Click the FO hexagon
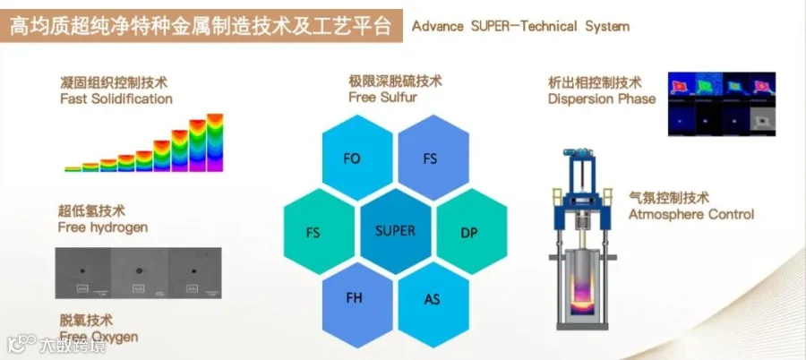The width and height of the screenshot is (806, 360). pyautogui.click(x=352, y=159)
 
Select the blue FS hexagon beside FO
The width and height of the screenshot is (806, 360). pyautogui.click(x=430, y=159)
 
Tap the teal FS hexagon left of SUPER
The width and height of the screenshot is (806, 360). pyautogui.click(x=313, y=233)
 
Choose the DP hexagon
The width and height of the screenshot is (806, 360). pyautogui.click(x=469, y=233)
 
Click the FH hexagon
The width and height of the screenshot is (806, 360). pyautogui.click(x=354, y=298)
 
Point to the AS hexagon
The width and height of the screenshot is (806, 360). pyautogui.click(x=432, y=299)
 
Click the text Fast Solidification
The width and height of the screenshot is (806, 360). pyautogui.click(x=116, y=99)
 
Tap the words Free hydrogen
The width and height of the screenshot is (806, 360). pyautogui.click(x=103, y=227)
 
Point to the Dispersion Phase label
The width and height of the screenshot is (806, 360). pyautogui.click(x=602, y=99)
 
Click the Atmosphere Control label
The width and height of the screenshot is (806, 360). pyautogui.click(x=690, y=214)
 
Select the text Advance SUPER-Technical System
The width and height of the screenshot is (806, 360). pyautogui.click(x=520, y=26)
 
